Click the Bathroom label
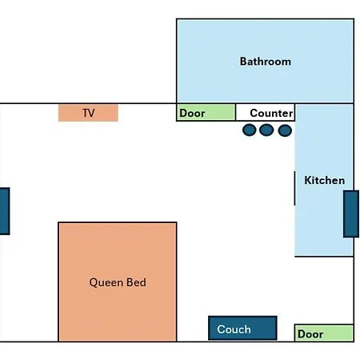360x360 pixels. click(266, 62)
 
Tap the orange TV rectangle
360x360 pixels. click(88, 113)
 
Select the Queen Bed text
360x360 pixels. click(118, 282)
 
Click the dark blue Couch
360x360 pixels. click(242, 328)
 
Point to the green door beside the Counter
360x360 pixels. click(206, 113)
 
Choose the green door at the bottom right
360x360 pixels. click(324, 333)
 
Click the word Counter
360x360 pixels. click(271, 113)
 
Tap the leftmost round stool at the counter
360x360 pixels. click(250, 130)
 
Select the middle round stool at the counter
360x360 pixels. click(266, 130)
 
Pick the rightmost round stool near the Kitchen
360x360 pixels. click(285, 130)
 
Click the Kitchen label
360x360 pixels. click(325, 180)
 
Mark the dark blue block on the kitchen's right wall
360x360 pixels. click(351, 214)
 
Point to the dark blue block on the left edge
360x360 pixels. click(5, 211)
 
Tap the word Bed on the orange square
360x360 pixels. click(136, 282)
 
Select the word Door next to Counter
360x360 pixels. click(192, 113)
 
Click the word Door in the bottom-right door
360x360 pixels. click(310, 334)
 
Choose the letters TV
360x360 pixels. click(89, 113)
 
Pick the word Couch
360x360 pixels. click(234, 330)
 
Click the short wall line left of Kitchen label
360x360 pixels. click(294, 188)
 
